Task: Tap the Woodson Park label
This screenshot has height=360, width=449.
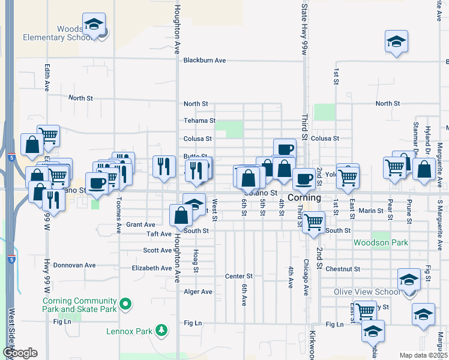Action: pyautogui.click(x=381, y=243)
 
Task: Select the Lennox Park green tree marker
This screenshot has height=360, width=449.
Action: pyautogui.click(x=161, y=330)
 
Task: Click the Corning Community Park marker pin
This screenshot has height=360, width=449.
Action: pyautogui.click(x=125, y=305)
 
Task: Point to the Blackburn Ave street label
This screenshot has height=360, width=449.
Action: pyautogui.click(x=205, y=60)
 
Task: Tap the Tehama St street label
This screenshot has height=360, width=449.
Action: pyautogui.click(x=199, y=121)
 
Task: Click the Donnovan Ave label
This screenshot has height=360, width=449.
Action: pyautogui.click(x=74, y=265)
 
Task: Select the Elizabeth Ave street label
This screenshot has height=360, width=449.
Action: pyautogui.click(x=152, y=268)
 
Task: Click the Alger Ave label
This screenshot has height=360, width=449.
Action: pyautogui.click(x=198, y=292)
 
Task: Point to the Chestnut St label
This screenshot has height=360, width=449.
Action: pyautogui.click(x=343, y=269)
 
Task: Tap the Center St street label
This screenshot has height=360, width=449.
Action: pyautogui.click(x=239, y=276)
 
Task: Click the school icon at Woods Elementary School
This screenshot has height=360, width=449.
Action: pyautogui.click(x=94, y=24)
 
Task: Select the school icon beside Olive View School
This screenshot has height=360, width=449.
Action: pyautogui.click(x=409, y=279)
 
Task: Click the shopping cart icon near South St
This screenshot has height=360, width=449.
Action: pyautogui.click(x=313, y=222)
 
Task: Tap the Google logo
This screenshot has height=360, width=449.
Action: pyautogui.click(x=20, y=353)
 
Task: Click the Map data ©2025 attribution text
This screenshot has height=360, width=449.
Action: pyautogui.click(x=423, y=355)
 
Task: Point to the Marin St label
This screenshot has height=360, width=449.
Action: pyautogui.click(x=370, y=211)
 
